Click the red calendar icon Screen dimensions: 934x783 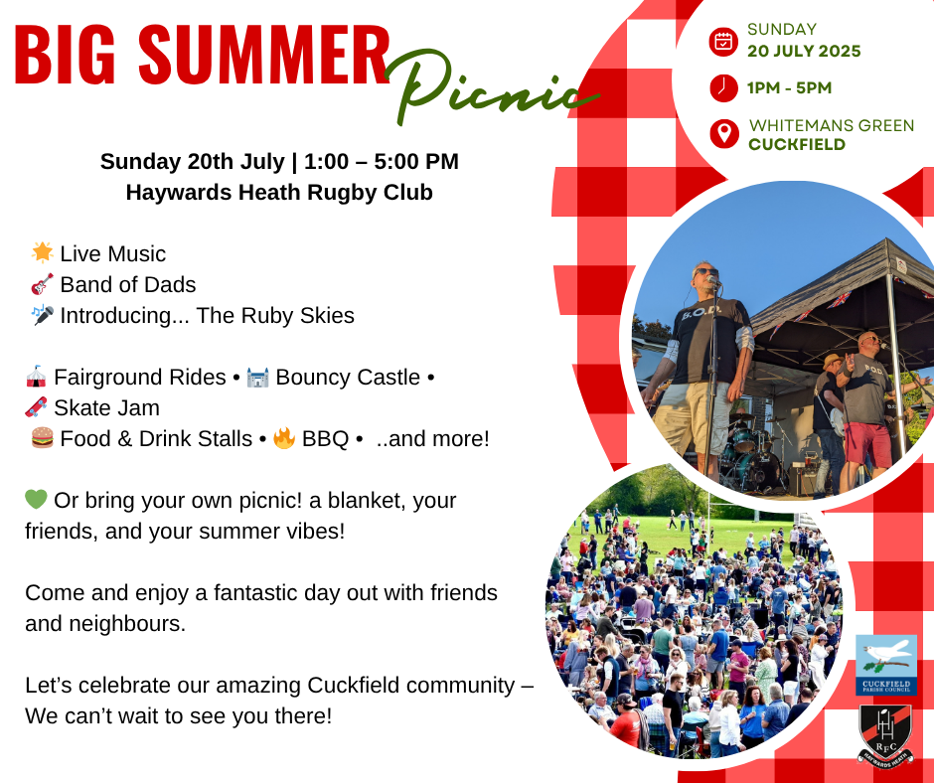click(x=723, y=42)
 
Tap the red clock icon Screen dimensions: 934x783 click(x=723, y=87)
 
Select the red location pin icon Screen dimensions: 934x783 click(x=724, y=133)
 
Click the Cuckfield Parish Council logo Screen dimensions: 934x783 click(x=885, y=665)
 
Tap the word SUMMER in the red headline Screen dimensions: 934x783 click(x=264, y=55)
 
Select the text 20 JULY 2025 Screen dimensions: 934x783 click(x=804, y=52)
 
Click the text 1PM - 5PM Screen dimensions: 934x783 click(x=789, y=88)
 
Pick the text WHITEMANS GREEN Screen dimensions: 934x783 click(x=832, y=126)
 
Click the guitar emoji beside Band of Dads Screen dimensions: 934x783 click(x=43, y=284)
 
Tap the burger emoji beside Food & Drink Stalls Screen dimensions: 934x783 click(x=43, y=438)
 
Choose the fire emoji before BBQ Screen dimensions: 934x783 click(x=284, y=438)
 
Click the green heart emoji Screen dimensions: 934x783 click(x=36, y=500)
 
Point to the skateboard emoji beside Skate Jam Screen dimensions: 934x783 click(x=36, y=407)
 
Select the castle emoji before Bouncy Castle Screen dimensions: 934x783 click(x=257, y=378)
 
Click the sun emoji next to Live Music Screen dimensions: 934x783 click(x=43, y=252)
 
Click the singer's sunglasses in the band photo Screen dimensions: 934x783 click(x=706, y=271)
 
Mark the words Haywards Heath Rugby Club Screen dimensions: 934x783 click(x=279, y=193)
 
